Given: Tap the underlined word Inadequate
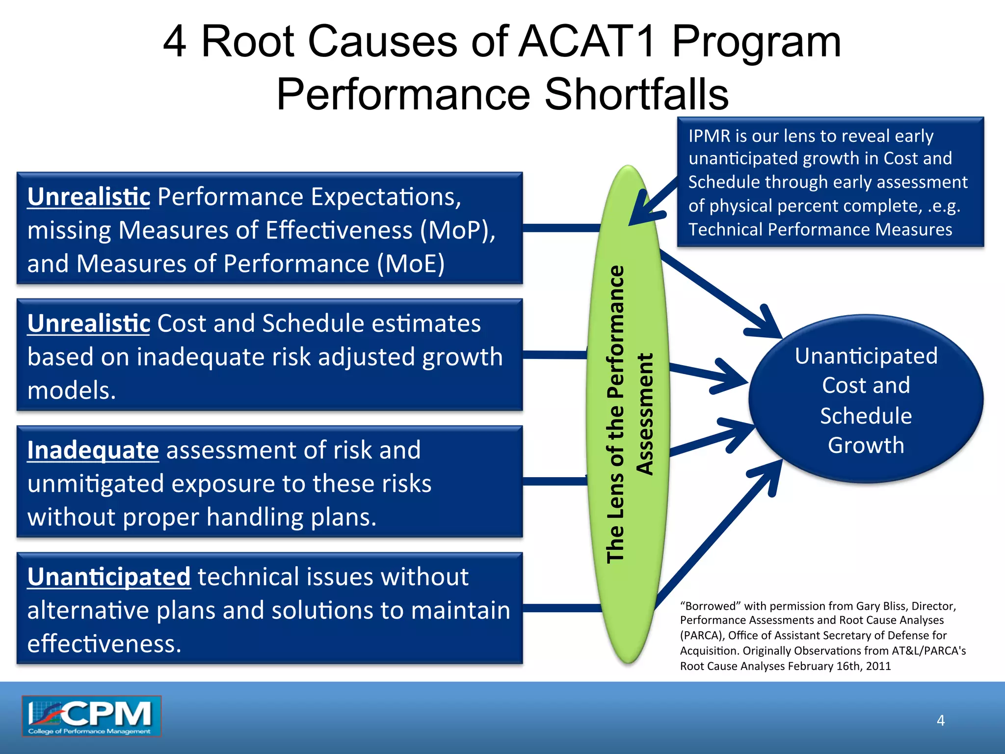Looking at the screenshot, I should pos(93,451).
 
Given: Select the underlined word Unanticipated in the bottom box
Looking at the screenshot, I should pos(108,577).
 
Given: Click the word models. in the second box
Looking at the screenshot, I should pos(72,391).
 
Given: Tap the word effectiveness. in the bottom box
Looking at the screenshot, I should pos(104,644).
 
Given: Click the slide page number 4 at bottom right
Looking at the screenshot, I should pos(940,721).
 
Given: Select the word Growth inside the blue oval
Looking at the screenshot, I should pos(866,446).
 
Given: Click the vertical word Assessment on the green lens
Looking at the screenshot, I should pos(645,414).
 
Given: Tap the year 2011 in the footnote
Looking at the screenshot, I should pos(878,666).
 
